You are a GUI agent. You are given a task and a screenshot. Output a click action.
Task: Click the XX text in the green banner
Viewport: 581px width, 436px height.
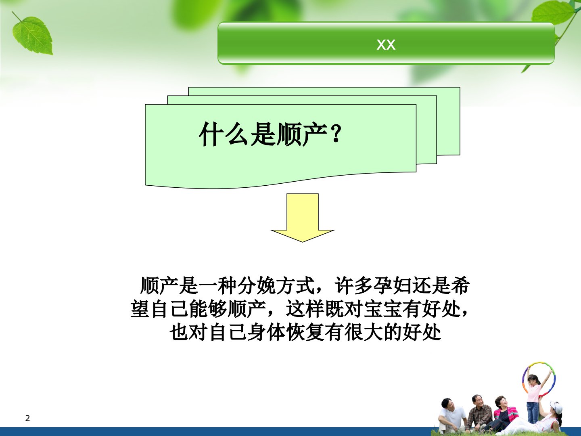click(x=386, y=44)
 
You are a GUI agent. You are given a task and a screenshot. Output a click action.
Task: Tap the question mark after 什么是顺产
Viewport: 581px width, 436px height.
click(x=336, y=134)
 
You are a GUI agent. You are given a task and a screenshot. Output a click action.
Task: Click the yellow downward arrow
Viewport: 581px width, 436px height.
click(x=303, y=218)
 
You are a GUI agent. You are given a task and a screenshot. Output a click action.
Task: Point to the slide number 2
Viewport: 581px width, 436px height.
click(x=27, y=418)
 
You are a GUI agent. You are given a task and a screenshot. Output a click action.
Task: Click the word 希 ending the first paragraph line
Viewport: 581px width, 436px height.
click(x=461, y=286)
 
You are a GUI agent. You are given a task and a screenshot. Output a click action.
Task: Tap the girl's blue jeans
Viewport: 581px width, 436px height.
click(x=532, y=413)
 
